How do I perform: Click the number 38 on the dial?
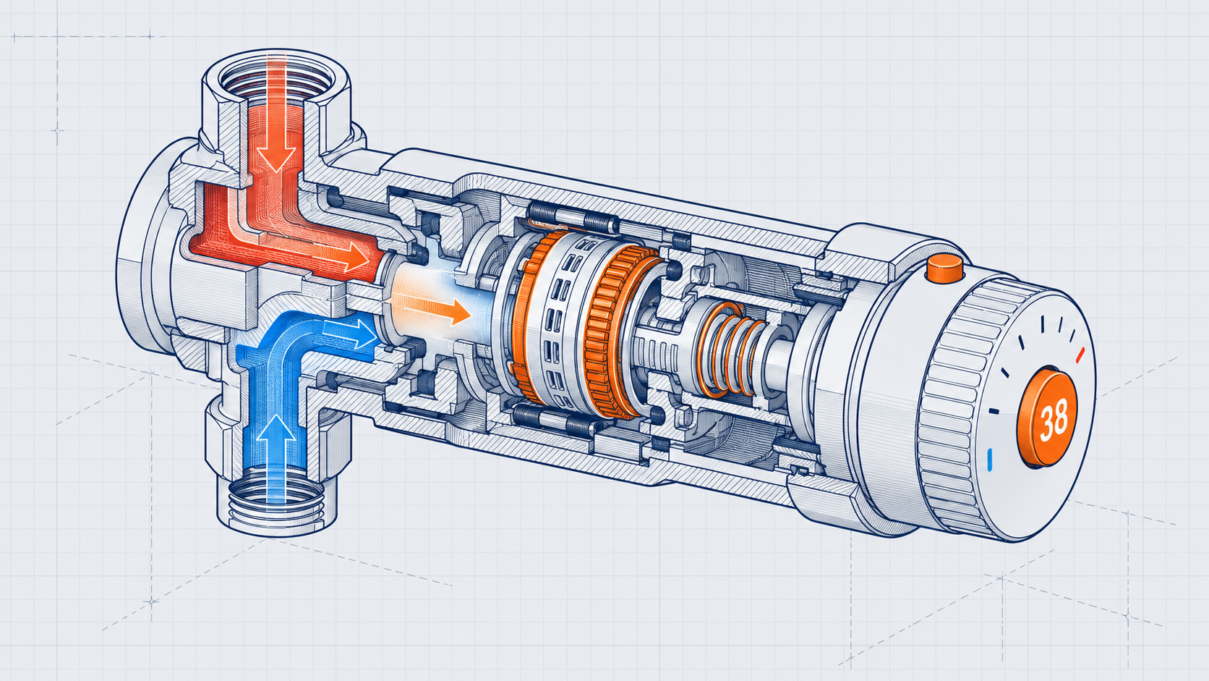(1054, 420)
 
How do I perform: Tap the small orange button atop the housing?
(944, 268)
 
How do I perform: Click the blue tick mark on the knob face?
(990, 460)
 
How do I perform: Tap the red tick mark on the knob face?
(1080, 355)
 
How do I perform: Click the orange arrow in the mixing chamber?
(431, 308)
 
